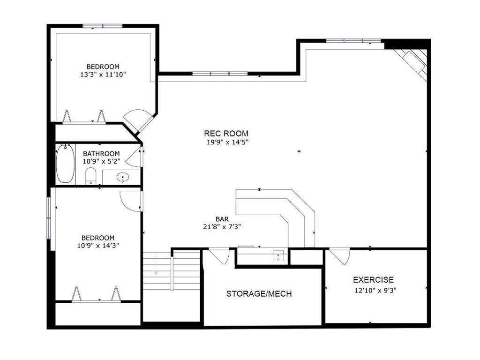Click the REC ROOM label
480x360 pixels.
pos(226,134)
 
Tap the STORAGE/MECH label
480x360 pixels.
pos(259,294)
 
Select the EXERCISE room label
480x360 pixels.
pos(374,280)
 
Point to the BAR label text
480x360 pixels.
pos(222,219)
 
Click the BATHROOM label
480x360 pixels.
pos(101,154)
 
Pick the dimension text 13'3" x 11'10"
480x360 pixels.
pos(103,75)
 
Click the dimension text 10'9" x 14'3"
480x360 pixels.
pos(98,246)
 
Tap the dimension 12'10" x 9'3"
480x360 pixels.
pos(375,291)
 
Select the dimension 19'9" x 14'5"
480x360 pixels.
pos(227,142)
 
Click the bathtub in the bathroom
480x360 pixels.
pos(65,164)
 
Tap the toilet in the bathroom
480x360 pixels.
pos(90,176)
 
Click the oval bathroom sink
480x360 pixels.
pos(123,177)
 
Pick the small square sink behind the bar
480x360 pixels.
pos(278,255)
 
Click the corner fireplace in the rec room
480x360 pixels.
pos(412,65)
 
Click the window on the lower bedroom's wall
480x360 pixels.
pos(49,217)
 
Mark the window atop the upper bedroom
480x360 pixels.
pos(103,26)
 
